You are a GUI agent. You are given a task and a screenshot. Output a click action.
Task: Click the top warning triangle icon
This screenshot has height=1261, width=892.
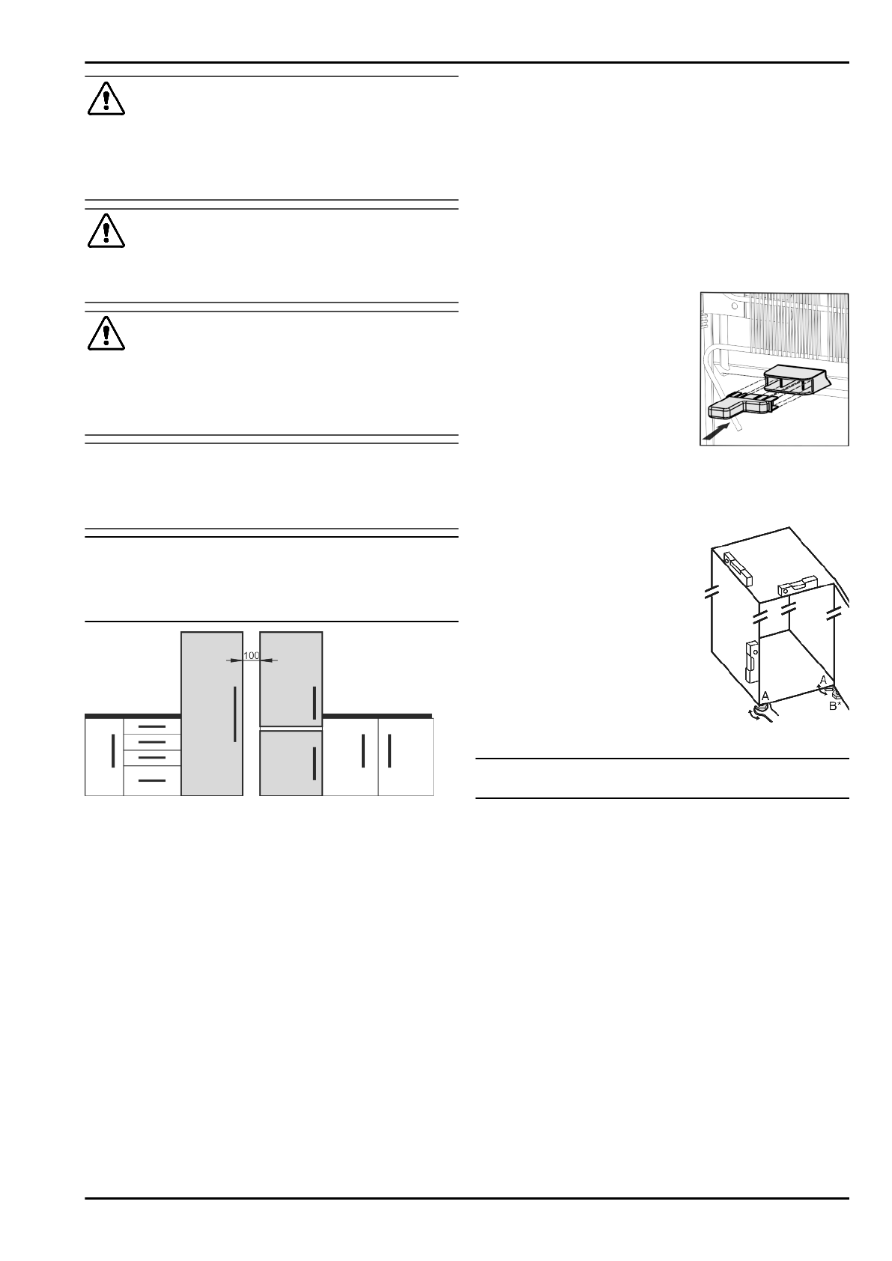coord(106,99)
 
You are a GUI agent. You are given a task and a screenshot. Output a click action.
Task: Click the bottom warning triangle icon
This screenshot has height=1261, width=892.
coord(106,333)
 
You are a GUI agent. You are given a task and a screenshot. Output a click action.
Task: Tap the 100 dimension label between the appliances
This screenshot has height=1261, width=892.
coord(252,656)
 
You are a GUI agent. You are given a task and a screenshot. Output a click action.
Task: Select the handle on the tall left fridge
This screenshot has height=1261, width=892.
coord(235,713)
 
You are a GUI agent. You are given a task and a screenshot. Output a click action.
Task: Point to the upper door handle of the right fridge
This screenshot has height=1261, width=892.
coord(314,702)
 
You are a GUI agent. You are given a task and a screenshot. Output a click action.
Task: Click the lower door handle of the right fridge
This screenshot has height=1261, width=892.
coord(314,763)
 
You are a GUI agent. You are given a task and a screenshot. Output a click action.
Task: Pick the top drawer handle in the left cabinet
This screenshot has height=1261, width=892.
coord(152,726)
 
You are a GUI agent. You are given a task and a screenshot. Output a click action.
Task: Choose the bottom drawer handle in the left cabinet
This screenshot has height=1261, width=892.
coord(152,780)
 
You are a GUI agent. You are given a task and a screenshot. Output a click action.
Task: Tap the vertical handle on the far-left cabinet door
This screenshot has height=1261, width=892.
coord(112,751)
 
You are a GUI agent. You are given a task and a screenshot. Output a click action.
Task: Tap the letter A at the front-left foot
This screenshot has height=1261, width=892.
coord(765,696)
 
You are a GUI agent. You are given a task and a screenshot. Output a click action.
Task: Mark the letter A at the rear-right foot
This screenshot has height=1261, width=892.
coord(823,679)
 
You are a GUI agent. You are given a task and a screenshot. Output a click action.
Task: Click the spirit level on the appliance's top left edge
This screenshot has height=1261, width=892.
coord(737,568)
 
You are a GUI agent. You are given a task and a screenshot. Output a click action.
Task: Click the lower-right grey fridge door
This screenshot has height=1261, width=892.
coord(291,763)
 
